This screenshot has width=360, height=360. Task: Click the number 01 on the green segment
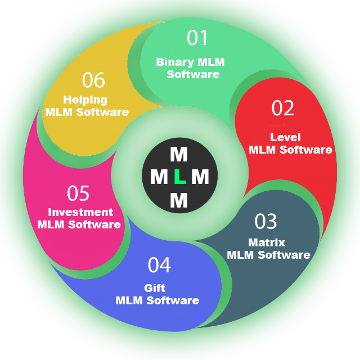pyautogui.click(x=197, y=38)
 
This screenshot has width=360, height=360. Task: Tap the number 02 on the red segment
pyautogui.click(x=282, y=108)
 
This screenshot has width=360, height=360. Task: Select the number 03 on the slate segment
pyautogui.click(x=266, y=222)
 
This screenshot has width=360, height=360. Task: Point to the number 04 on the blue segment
pyautogui.click(x=159, y=265)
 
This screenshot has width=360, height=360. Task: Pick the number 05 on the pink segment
pyautogui.click(x=78, y=193)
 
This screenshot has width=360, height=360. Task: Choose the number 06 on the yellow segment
pyautogui.click(x=93, y=80)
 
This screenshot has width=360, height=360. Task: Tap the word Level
pyautogui.click(x=285, y=137)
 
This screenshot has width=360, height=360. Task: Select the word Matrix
pyautogui.click(x=267, y=242)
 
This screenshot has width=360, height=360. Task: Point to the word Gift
pyautogui.click(x=155, y=288)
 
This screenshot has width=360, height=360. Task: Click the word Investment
pyautogui.click(x=80, y=212)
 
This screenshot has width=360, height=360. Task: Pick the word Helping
pyautogui.click(x=85, y=100)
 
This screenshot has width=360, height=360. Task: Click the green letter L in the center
pyautogui.click(x=179, y=177)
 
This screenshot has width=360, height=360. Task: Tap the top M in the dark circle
pyautogui.click(x=179, y=154)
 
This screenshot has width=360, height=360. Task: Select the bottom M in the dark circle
pyautogui.click(x=179, y=200)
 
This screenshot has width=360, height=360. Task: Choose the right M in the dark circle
pyautogui.click(x=200, y=177)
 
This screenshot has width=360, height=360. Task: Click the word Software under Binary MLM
pyautogui.click(x=193, y=74)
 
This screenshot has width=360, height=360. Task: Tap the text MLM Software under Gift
pyautogui.click(x=157, y=300)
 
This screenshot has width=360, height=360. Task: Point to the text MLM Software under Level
pyautogui.click(x=290, y=150)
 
